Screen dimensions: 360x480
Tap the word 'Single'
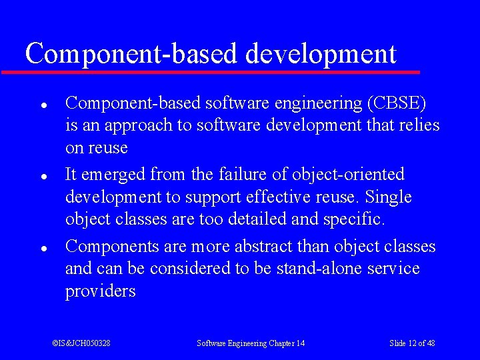[389, 197]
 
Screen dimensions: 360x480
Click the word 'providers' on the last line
[100, 292]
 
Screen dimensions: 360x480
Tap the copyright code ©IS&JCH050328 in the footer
[81, 343]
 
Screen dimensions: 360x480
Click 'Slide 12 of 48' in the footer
[412, 343]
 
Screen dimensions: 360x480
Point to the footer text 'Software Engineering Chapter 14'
[251, 343]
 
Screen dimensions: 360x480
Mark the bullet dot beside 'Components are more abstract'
[42, 247]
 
